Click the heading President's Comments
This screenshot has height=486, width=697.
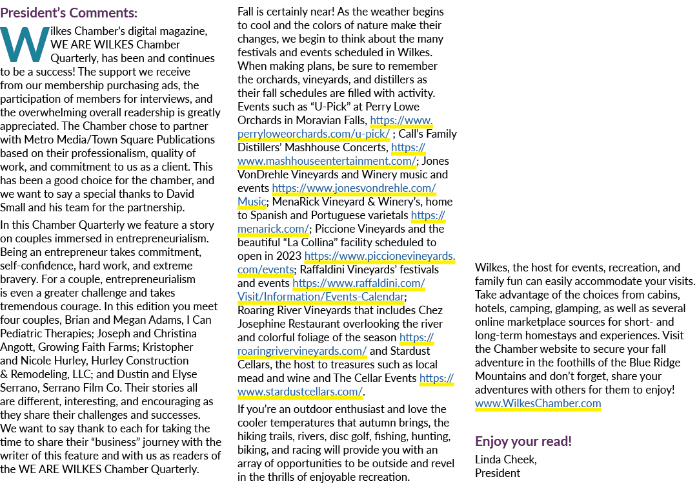coord(69,12)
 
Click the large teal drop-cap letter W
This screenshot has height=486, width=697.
coord(25,45)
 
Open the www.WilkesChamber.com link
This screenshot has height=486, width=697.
coord(538,403)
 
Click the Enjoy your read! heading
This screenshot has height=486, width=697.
coord(523,441)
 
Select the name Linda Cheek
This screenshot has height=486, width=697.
coord(505,460)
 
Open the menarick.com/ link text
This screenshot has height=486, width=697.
coord(273,229)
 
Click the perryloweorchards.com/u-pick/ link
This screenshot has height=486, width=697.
coord(314,134)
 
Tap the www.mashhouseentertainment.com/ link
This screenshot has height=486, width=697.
coord(327,161)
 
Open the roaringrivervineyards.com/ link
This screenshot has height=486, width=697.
coord(302,351)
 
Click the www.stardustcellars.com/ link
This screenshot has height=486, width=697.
coord(300,392)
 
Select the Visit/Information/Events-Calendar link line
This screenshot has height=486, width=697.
coord(321,297)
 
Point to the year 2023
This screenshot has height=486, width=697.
coord(288,257)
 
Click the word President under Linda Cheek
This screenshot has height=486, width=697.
coord(498,473)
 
